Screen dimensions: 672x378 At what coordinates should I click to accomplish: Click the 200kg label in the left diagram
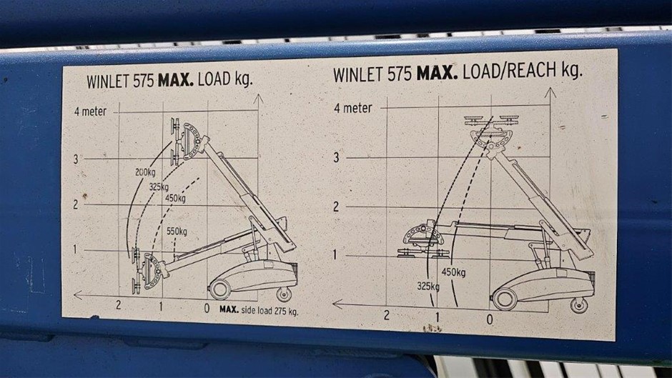click(x=145, y=172)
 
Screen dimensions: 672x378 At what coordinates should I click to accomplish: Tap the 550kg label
click(x=177, y=232)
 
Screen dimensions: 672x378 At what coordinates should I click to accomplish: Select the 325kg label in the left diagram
click(x=159, y=187)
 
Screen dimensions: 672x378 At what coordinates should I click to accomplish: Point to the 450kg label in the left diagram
click(x=175, y=199)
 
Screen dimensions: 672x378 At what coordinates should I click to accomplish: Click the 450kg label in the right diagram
click(x=453, y=272)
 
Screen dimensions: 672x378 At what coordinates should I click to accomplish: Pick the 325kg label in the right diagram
click(x=428, y=286)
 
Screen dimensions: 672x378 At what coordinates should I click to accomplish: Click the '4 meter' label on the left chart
click(x=90, y=111)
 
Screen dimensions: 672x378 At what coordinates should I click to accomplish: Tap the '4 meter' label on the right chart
click(x=353, y=108)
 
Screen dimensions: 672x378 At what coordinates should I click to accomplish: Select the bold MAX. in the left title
click(x=176, y=80)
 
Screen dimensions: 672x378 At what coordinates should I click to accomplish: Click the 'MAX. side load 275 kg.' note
click(x=259, y=310)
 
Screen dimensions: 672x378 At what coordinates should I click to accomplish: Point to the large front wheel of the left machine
click(x=220, y=289)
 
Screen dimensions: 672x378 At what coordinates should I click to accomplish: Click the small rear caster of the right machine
click(x=579, y=305)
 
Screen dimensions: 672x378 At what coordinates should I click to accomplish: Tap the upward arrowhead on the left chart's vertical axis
click(x=258, y=99)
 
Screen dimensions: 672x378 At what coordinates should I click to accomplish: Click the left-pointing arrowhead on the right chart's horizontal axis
click(x=338, y=304)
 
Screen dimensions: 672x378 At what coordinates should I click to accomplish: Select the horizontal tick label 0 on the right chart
click(x=490, y=319)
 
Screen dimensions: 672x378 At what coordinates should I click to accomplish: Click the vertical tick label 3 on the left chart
click(x=76, y=159)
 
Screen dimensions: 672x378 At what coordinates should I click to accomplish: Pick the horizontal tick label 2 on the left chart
click(x=118, y=305)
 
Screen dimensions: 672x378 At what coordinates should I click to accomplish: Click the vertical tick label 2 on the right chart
click(x=336, y=207)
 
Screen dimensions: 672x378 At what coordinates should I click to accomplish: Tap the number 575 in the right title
click(x=400, y=74)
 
